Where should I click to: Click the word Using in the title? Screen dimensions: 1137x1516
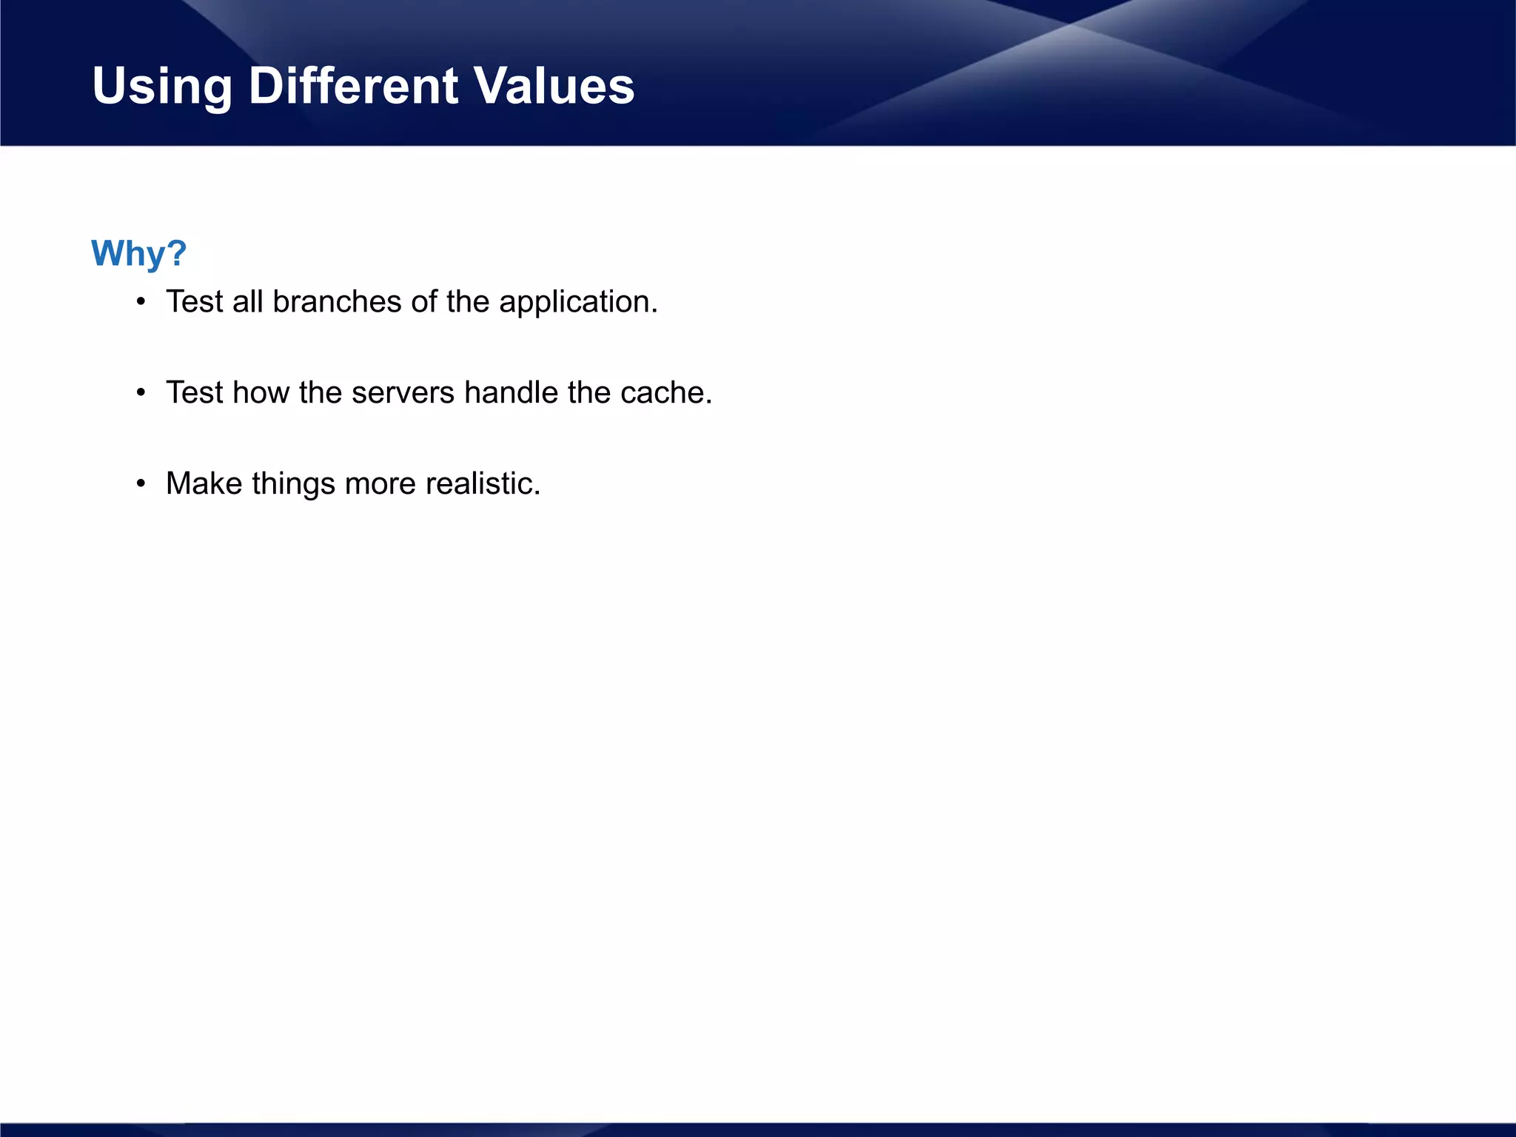tap(161, 86)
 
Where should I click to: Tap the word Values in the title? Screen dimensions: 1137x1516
tap(554, 86)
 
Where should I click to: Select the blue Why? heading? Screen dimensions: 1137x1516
tap(138, 253)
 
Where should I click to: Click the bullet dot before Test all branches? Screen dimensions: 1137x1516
tap(141, 302)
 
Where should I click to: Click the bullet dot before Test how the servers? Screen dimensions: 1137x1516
tap(141, 393)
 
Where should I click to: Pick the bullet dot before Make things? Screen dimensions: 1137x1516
tap(141, 484)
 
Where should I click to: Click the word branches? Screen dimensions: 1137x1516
tap(337, 302)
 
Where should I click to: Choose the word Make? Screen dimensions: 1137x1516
tap(204, 484)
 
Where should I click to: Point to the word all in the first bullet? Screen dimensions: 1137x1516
tap(247, 302)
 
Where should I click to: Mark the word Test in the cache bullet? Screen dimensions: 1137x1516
tap(194, 393)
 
